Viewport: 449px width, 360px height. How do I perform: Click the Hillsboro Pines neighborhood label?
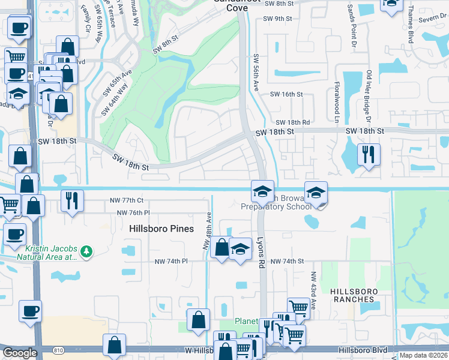click(161, 229)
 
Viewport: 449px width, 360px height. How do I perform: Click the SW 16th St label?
click(286, 94)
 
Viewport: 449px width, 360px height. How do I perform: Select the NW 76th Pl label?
click(133, 212)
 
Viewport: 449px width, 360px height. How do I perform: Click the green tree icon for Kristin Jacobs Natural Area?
click(87, 251)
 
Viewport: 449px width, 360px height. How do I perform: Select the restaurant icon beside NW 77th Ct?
click(72, 200)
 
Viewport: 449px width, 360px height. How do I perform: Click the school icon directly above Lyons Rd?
click(262, 191)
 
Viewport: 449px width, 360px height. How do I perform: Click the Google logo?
click(20, 353)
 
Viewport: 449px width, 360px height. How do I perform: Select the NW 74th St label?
click(287, 262)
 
